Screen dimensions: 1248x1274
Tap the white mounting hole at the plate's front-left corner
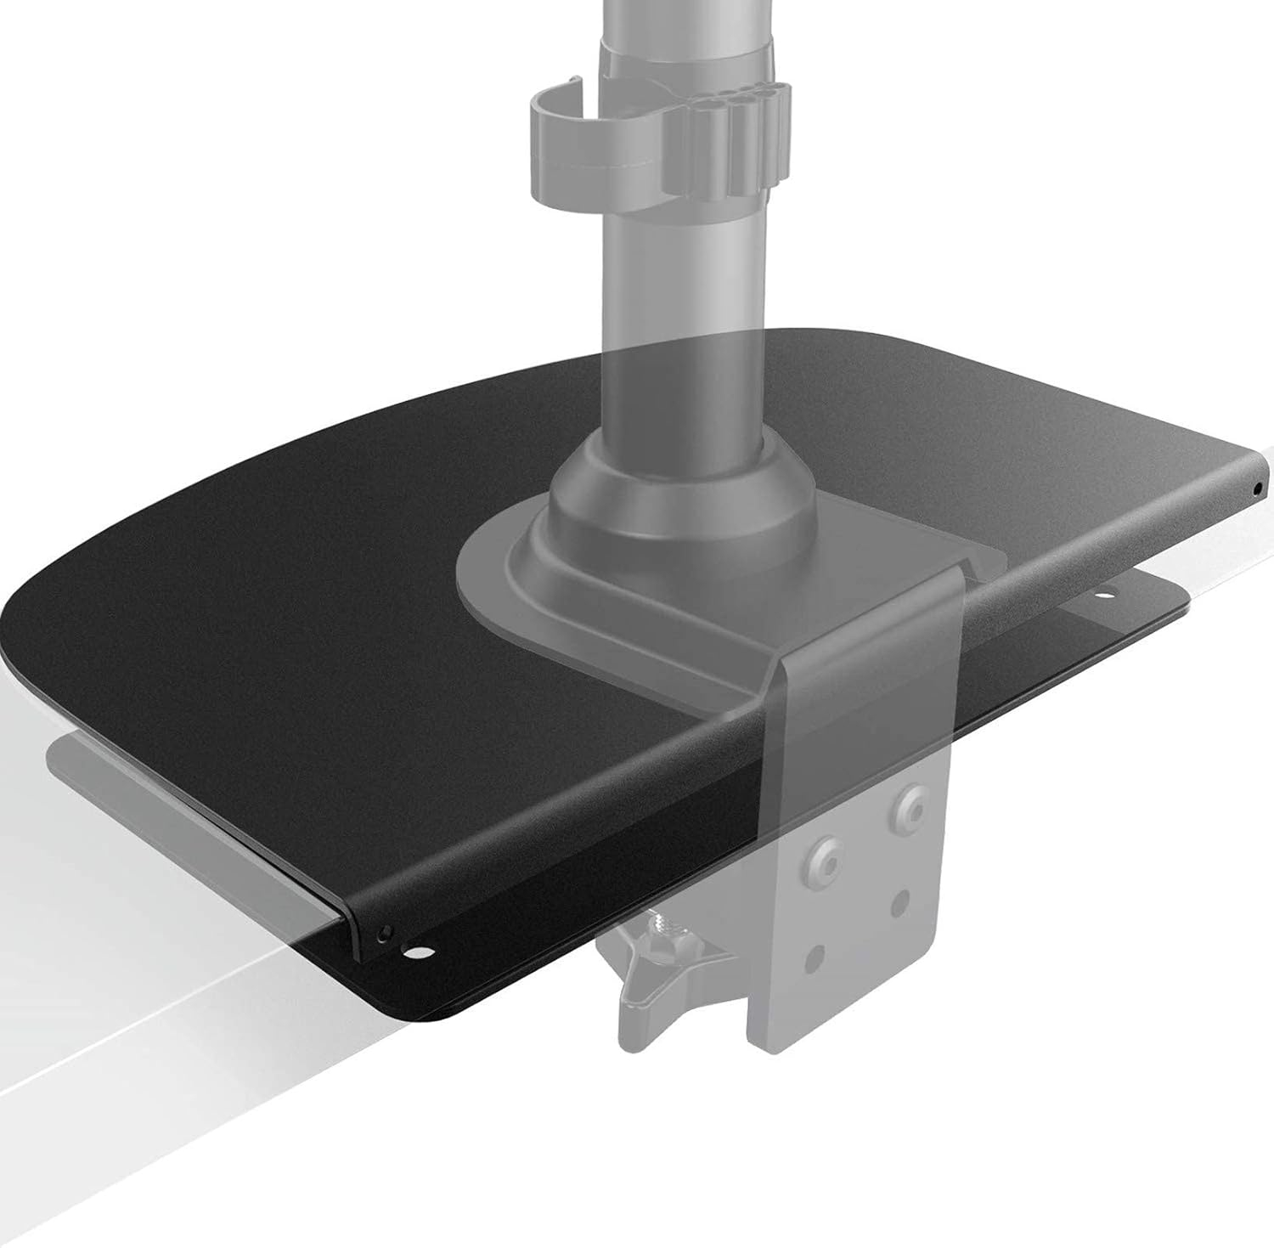(417, 951)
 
